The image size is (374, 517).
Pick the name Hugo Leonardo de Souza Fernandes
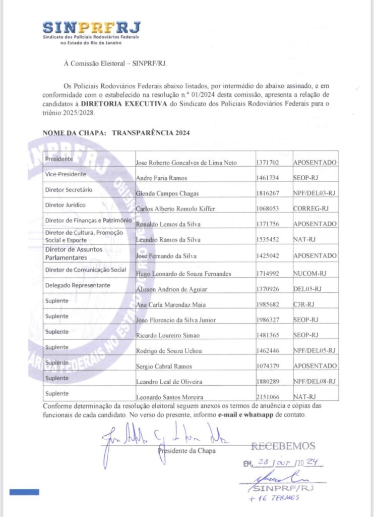click(x=185, y=274)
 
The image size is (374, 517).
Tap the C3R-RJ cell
click(x=304, y=304)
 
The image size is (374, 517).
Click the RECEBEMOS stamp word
click(x=283, y=446)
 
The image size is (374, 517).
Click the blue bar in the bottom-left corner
click(x=24, y=491)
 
